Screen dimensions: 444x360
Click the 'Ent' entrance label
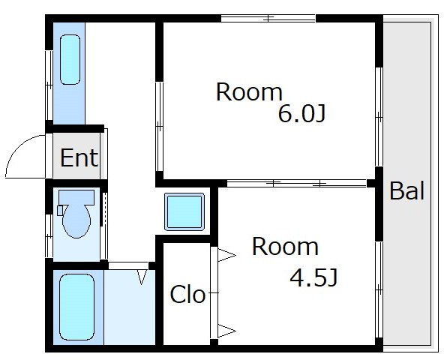click(79, 157)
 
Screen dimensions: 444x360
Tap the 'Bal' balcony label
click(407, 191)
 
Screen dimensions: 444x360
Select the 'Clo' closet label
click(187, 294)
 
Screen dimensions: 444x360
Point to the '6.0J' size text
click(301, 113)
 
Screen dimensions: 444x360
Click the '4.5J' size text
click(313, 277)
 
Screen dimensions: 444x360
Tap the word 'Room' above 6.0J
click(249, 92)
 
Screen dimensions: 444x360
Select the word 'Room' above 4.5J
click(285, 247)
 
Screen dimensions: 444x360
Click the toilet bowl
click(76, 221)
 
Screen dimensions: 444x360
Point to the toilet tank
click(76, 197)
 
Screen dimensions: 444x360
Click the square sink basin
click(184, 211)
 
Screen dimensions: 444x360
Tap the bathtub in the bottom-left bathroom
click(76, 307)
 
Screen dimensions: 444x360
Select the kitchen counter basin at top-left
click(70, 59)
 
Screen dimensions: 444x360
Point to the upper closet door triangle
click(226, 256)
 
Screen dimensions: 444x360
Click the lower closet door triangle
click(226, 331)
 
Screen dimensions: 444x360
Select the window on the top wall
click(268, 19)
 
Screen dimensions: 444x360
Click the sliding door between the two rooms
click(297, 183)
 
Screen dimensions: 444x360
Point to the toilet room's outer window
click(49, 236)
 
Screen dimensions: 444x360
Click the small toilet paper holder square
click(60, 211)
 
